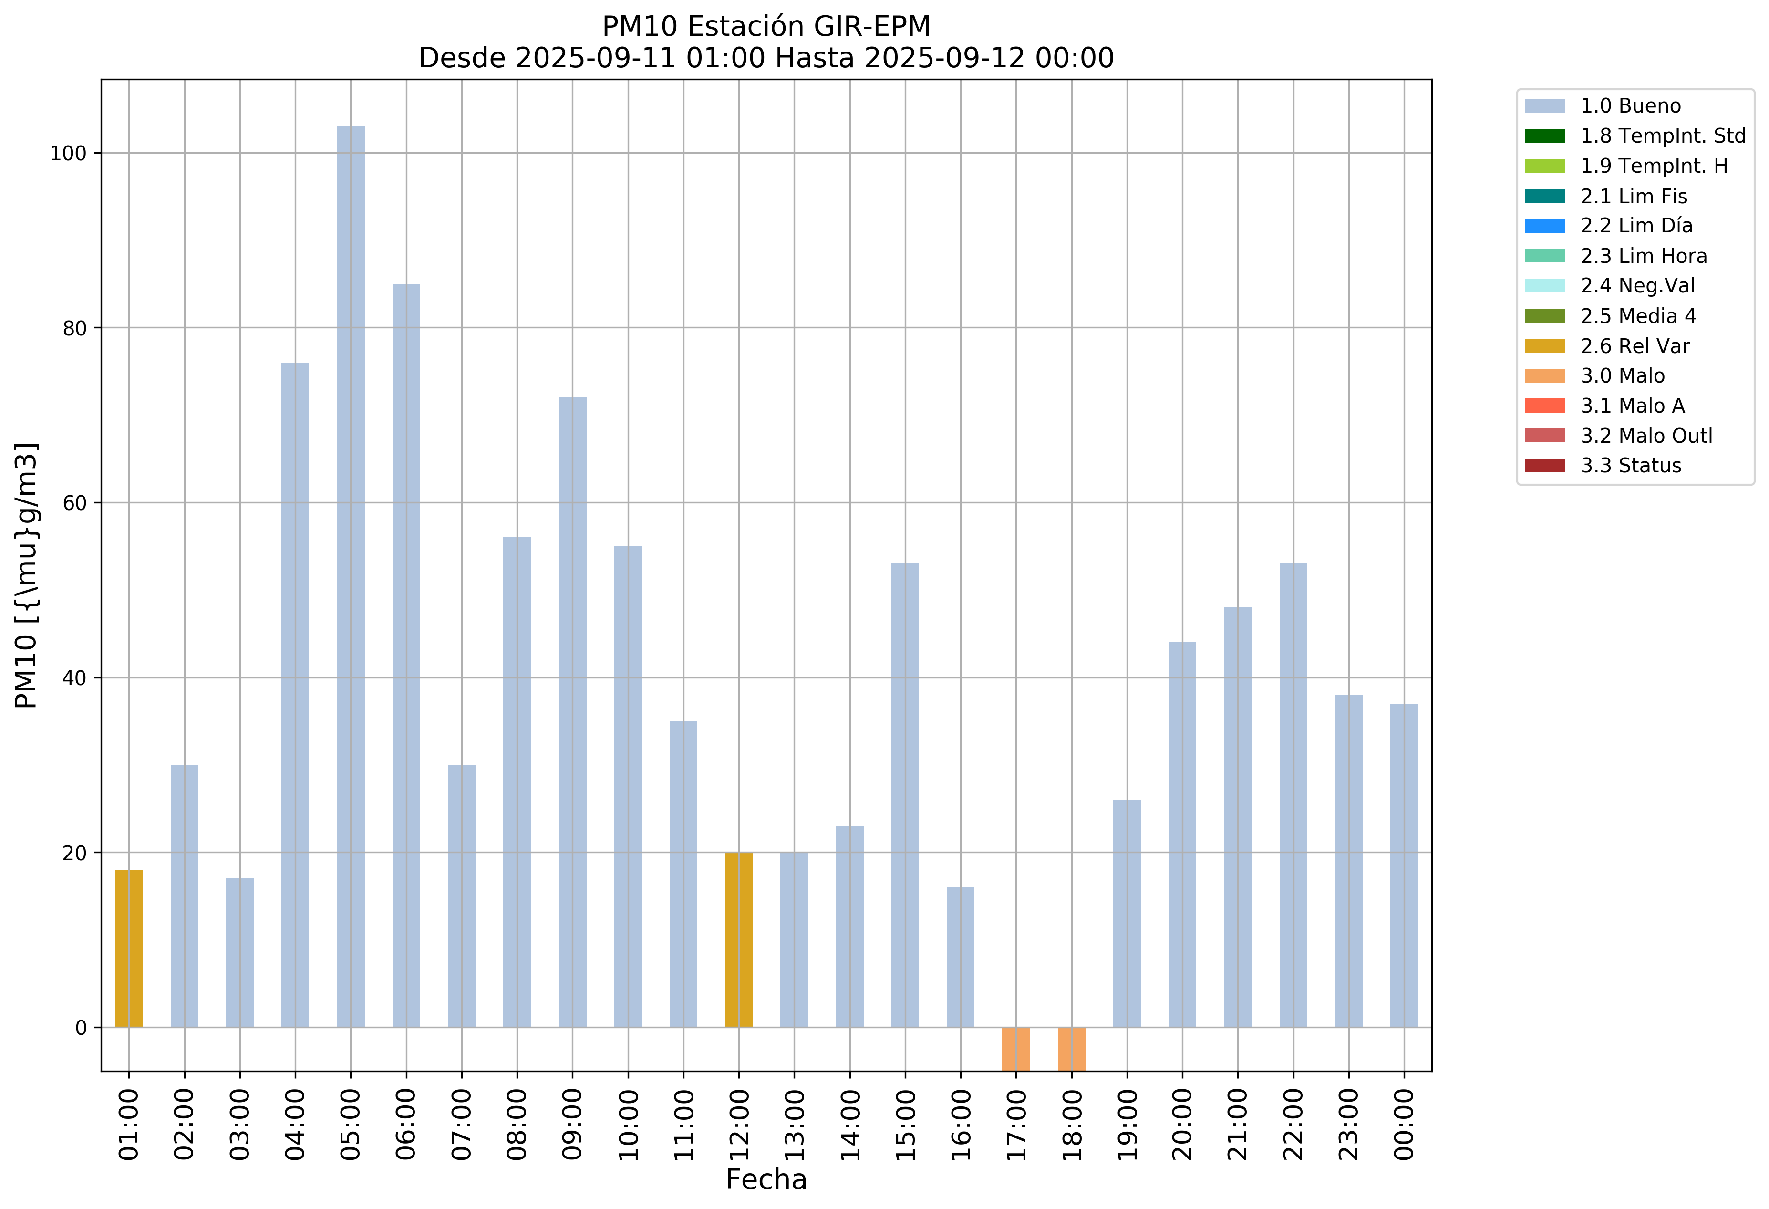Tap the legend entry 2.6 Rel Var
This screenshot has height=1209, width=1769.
1635,345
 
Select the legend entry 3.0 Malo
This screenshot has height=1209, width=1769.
1622,375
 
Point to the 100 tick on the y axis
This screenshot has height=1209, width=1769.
68,153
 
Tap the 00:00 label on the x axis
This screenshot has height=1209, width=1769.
1405,1124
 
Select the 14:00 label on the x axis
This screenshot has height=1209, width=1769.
850,1124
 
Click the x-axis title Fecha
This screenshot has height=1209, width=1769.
766,1179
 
